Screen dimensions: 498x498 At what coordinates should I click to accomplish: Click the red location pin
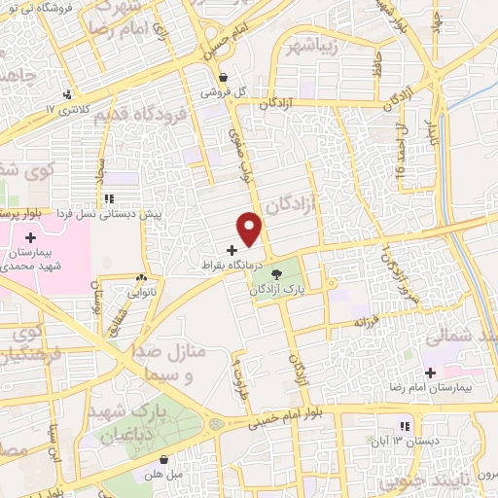coord(251,229)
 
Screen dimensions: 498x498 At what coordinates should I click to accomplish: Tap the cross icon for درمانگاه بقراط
coord(231,250)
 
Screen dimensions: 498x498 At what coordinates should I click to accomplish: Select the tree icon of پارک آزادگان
coord(275,275)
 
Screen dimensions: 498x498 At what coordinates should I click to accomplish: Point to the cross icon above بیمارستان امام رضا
coord(429,373)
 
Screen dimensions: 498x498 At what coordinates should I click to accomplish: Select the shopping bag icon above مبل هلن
coord(164,458)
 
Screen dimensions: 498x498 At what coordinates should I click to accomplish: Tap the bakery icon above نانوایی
coord(143,277)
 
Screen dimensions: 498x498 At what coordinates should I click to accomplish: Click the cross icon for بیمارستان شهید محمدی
coord(31,236)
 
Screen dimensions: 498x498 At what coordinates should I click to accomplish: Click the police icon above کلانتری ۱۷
coord(67,94)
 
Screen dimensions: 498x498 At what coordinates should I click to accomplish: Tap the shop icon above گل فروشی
coord(225,78)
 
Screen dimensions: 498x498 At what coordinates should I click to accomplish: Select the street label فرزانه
coord(364,320)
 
